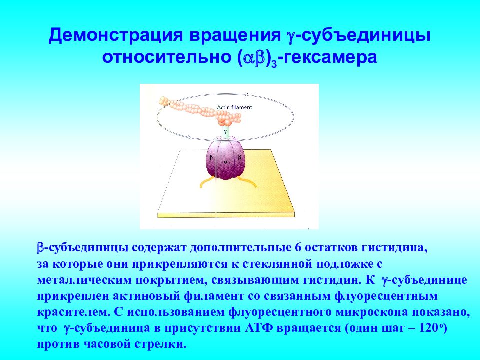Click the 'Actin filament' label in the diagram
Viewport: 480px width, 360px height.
tap(234, 107)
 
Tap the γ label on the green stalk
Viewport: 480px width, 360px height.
tap(225, 131)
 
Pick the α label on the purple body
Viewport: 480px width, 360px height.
tap(226, 162)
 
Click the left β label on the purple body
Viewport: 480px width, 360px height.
tap(211, 158)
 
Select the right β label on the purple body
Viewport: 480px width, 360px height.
tap(239, 158)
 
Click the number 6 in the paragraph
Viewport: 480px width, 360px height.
tap(296, 247)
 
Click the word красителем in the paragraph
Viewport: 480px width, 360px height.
tap(73, 312)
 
